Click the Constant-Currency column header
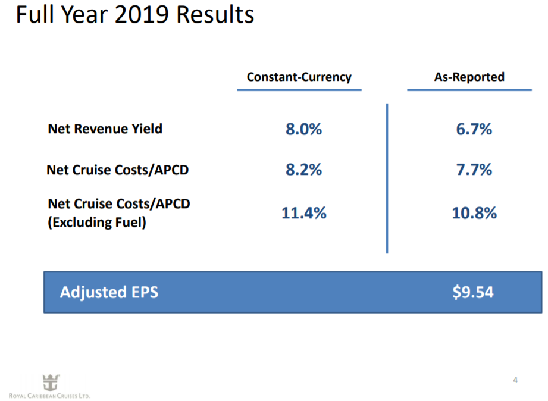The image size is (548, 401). pyautogui.click(x=299, y=77)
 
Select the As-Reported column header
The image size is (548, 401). pyautogui.click(x=469, y=77)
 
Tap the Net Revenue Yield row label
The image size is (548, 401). pyautogui.click(x=105, y=129)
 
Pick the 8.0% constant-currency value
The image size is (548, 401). pyautogui.click(x=303, y=129)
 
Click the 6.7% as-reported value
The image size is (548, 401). pyautogui.click(x=474, y=129)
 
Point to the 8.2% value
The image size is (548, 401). pyautogui.click(x=303, y=170)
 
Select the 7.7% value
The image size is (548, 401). pyautogui.click(x=474, y=170)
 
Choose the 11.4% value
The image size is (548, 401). pyautogui.click(x=303, y=213)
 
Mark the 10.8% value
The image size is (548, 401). pyautogui.click(x=474, y=213)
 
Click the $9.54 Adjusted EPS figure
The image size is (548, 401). pyautogui.click(x=473, y=292)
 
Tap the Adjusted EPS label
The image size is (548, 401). pyautogui.click(x=109, y=292)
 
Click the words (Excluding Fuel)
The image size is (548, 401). pyautogui.click(x=96, y=224)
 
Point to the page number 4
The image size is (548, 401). pyautogui.click(x=515, y=380)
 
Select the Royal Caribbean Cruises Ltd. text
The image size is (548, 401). pyautogui.click(x=49, y=396)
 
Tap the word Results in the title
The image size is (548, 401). pyautogui.click(x=217, y=15)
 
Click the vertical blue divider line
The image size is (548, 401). pyautogui.click(x=387, y=178)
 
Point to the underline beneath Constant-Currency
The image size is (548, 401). pyautogui.click(x=299, y=90)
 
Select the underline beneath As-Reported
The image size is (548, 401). pyautogui.click(x=469, y=90)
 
